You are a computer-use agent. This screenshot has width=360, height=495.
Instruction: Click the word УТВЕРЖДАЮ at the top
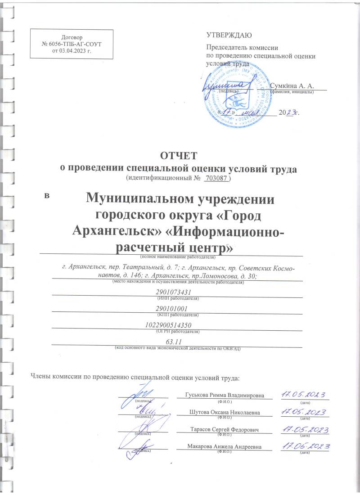tap(229, 35)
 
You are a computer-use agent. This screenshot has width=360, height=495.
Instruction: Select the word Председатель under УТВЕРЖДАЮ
tap(226, 47)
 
